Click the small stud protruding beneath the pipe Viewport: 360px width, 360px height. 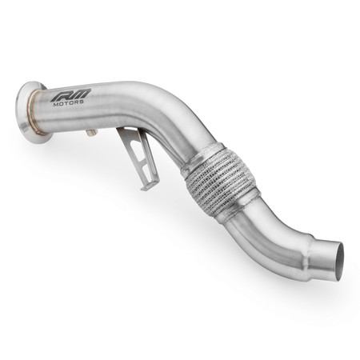click(x=92, y=131)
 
